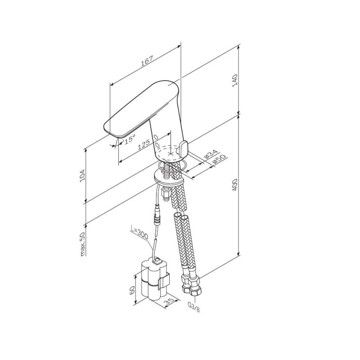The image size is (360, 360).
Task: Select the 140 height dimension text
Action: coord(235,81)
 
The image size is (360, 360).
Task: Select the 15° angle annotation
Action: coord(130,139)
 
